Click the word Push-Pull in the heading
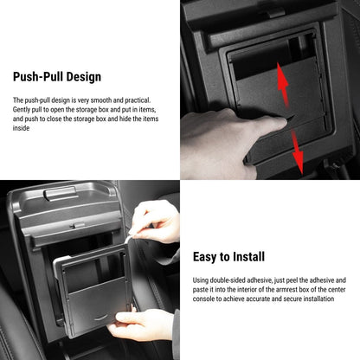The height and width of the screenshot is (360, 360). pos(38,77)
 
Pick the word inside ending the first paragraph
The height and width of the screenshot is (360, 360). pos(22,128)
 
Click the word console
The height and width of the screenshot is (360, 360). pos(205,299)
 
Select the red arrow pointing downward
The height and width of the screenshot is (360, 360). pos(297,153)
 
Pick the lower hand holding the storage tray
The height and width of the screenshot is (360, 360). pos(143,325)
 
